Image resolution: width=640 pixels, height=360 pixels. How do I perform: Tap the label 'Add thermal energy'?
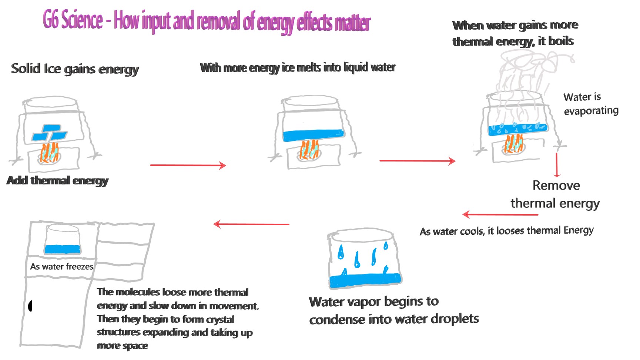(57, 180)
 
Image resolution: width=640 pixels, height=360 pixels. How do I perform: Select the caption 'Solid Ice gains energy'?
(75, 69)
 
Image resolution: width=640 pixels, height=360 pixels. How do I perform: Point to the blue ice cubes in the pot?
(49, 133)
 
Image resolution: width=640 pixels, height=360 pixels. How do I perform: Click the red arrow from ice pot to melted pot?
(188, 165)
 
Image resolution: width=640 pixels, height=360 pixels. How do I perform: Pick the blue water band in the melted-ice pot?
(313, 135)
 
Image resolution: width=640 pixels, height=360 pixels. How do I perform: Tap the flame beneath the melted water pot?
(309, 150)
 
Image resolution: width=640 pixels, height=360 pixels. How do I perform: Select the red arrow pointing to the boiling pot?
(417, 161)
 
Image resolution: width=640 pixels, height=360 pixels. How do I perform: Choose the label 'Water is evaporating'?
(591, 104)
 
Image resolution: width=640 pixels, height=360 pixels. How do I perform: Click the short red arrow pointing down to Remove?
(556, 165)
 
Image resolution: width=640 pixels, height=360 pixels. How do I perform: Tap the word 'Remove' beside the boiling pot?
(556, 185)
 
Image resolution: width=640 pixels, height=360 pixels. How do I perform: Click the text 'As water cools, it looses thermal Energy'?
(506, 231)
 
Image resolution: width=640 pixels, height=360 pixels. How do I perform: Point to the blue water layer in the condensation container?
(365, 280)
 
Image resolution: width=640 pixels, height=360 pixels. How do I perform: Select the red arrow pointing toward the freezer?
(251, 224)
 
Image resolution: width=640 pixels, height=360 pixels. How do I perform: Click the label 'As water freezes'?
(62, 267)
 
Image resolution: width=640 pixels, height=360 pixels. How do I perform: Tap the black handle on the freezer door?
(30, 306)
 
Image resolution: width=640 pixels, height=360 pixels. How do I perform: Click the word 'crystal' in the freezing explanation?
(220, 319)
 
